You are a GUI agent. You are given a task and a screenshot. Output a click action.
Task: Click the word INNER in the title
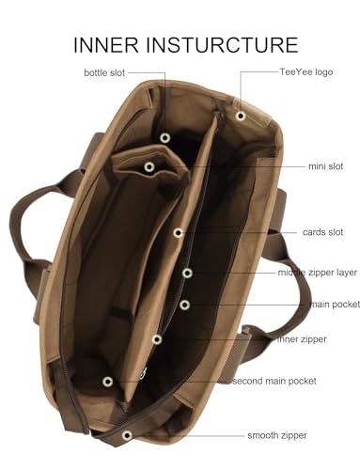106,45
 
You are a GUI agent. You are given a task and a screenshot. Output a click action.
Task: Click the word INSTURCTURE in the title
222,45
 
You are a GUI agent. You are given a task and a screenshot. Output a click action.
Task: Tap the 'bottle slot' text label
104,72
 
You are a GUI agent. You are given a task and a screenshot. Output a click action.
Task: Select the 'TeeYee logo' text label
306,72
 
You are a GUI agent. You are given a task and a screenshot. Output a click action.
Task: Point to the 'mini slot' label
326,166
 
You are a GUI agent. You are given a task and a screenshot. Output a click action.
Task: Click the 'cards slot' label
322,232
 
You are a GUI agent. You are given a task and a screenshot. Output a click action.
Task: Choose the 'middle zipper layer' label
318,273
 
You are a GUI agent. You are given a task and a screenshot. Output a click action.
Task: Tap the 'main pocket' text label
335,305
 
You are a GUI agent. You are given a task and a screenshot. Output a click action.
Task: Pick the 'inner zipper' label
302,339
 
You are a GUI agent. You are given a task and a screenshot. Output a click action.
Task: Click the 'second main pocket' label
274,381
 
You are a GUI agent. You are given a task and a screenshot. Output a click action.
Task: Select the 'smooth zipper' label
277,435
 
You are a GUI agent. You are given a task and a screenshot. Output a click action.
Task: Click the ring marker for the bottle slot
165,137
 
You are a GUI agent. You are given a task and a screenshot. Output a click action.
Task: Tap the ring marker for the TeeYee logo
241,116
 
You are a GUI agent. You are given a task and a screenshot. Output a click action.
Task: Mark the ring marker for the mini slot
149,167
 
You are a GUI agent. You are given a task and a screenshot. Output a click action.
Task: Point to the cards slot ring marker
179,232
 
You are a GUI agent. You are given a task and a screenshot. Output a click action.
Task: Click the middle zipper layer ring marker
187,273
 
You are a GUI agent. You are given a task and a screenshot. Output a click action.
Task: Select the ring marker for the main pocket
185,305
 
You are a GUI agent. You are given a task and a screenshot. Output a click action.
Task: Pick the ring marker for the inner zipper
157,339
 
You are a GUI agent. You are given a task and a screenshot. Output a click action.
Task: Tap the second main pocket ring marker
108,382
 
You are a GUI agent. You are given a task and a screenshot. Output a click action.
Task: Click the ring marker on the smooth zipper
127,435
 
